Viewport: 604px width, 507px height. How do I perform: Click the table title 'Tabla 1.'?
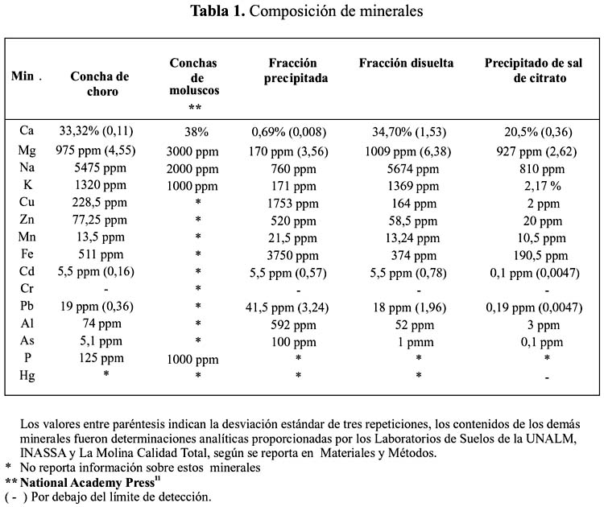coord(218,10)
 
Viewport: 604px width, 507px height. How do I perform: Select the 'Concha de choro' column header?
coord(100,84)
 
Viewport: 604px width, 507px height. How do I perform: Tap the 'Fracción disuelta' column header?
coord(406,63)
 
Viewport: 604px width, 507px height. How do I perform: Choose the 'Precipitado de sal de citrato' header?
coord(533,70)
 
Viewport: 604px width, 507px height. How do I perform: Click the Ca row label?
coord(27,130)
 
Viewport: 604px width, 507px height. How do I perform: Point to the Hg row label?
coord(27,375)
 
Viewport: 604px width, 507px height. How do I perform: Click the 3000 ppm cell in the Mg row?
coord(192,151)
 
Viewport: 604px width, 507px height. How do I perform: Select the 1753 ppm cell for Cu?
coord(293,204)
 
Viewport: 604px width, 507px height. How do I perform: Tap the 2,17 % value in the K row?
coord(542,186)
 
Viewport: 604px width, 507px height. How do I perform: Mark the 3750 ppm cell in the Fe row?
coord(293,255)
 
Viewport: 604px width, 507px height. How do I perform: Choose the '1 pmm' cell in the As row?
coord(416,342)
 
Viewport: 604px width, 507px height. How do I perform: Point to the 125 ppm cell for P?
coord(101,357)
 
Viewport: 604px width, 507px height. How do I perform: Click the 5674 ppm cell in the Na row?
coord(413,169)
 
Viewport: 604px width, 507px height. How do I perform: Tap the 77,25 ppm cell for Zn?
coord(100,220)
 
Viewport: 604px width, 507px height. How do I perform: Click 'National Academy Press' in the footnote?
coord(87,482)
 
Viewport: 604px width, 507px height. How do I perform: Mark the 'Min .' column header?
coord(27,76)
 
